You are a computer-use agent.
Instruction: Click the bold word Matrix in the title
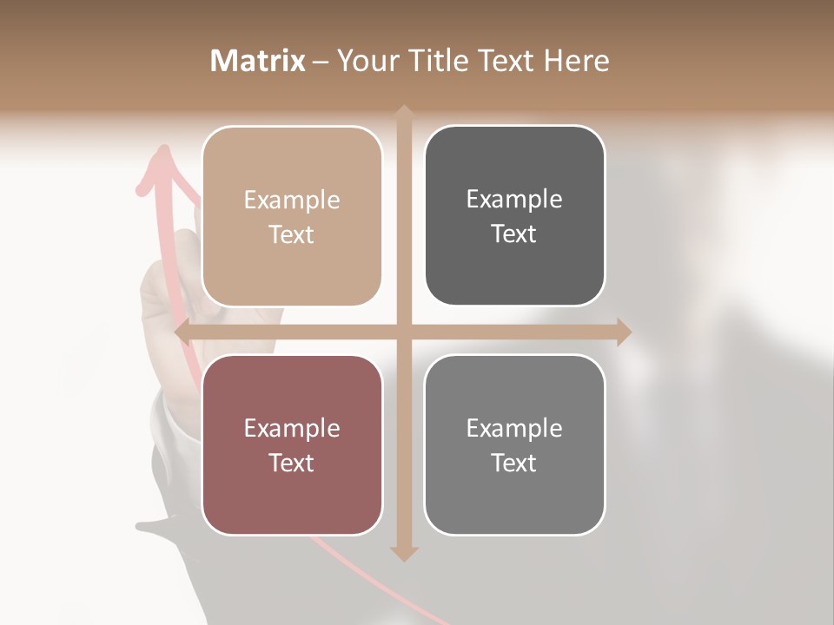point(258,61)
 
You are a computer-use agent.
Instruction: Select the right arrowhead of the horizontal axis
point(624,332)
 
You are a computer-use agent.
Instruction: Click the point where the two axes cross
point(403,332)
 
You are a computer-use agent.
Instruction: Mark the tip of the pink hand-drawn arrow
point(162,149)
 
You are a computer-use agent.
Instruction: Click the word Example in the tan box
point(292,200)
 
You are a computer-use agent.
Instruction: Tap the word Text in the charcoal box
point(514,234)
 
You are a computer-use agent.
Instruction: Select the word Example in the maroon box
point(292,428)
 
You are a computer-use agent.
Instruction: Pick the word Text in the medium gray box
point(514,463)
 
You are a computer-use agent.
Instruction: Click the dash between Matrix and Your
point(321,62)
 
